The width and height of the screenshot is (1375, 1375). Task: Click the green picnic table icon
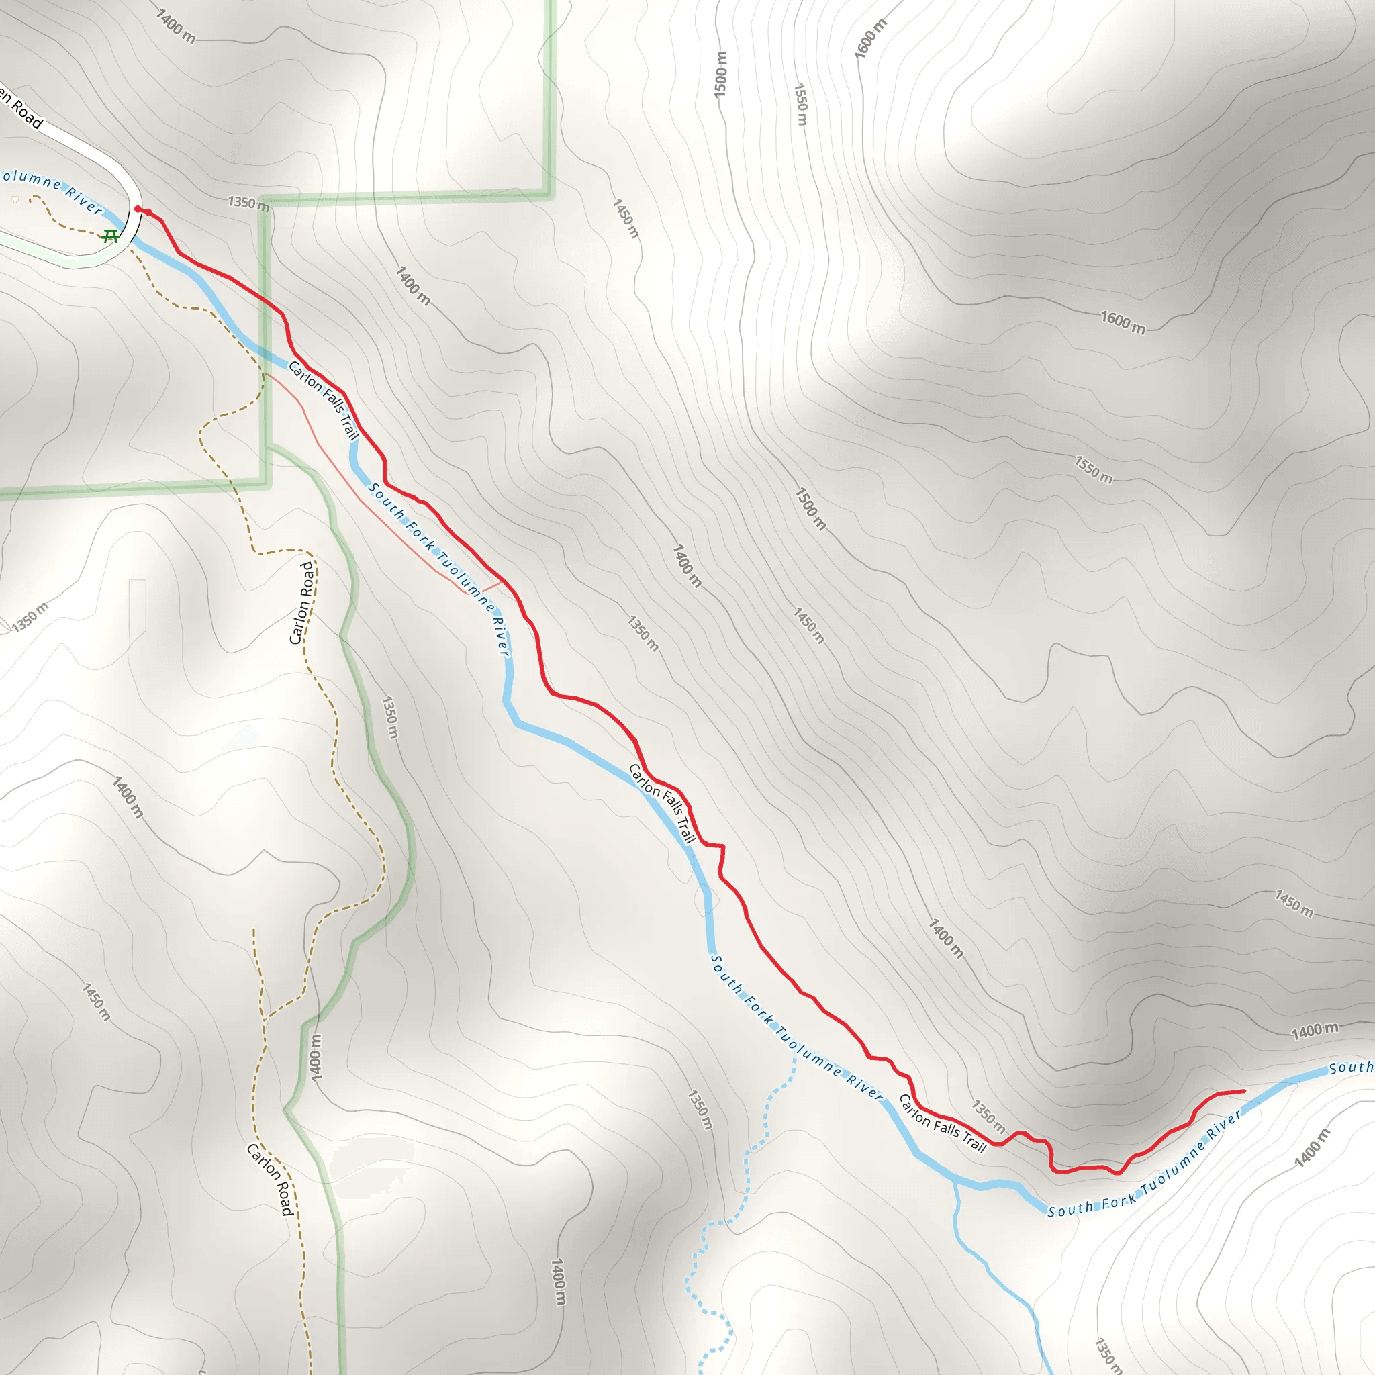tap(110, 236)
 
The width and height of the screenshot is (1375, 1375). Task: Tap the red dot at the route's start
tap(138, 209)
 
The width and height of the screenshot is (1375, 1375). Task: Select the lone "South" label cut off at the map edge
tap(1350, 1068)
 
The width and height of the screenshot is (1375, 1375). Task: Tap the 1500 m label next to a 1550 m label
tap(720, 75)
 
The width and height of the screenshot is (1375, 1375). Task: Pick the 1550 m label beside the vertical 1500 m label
tap(801, 104)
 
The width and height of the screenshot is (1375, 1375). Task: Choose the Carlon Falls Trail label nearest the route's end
tap(943, 1124)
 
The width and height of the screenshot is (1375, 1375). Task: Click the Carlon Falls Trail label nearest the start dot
tap(324, 399)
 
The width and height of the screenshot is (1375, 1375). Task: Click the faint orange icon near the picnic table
tap(15, 200)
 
